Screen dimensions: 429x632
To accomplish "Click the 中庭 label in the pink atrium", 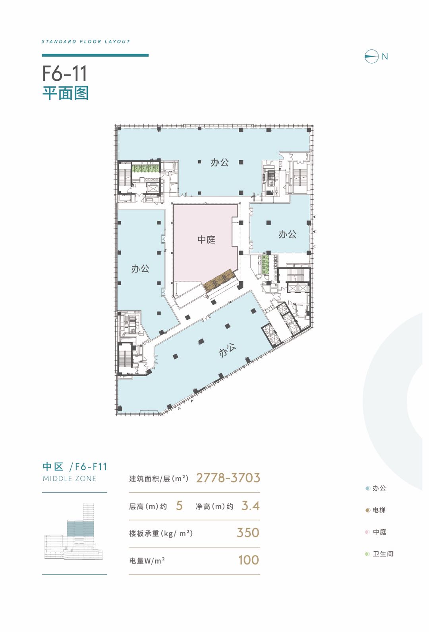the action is (x=206, y=239).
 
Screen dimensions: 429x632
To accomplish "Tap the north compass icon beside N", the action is (x=371, y=56).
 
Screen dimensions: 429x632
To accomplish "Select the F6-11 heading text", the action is (x=64, y=73).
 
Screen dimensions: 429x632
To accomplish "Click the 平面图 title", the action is (x=66, y=93).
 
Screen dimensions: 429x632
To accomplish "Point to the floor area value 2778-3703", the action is (x=228, y=478).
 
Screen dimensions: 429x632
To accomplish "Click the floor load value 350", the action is (x=248, y=533).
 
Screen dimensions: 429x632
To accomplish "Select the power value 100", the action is (x=249, y=560).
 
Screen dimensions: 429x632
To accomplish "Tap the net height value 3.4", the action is (x=250, y=506).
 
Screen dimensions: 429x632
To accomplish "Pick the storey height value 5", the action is (x=179, y=506).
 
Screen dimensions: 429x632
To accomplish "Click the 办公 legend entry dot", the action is (x=367, y=488).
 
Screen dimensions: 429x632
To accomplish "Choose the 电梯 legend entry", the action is (x=375, y=510).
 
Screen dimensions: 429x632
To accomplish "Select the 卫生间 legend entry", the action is (x=379, y=554).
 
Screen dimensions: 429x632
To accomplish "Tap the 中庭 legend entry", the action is (x=375, y=532).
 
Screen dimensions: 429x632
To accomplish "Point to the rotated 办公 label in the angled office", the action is (x=227, y=350).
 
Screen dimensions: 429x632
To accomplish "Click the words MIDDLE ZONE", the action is (x=70, y=478).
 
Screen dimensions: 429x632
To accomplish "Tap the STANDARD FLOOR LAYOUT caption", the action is (x=86, y=41).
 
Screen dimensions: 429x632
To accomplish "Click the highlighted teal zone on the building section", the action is (x=80, y=529).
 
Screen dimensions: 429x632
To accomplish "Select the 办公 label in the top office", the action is (x=220, y=163).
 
